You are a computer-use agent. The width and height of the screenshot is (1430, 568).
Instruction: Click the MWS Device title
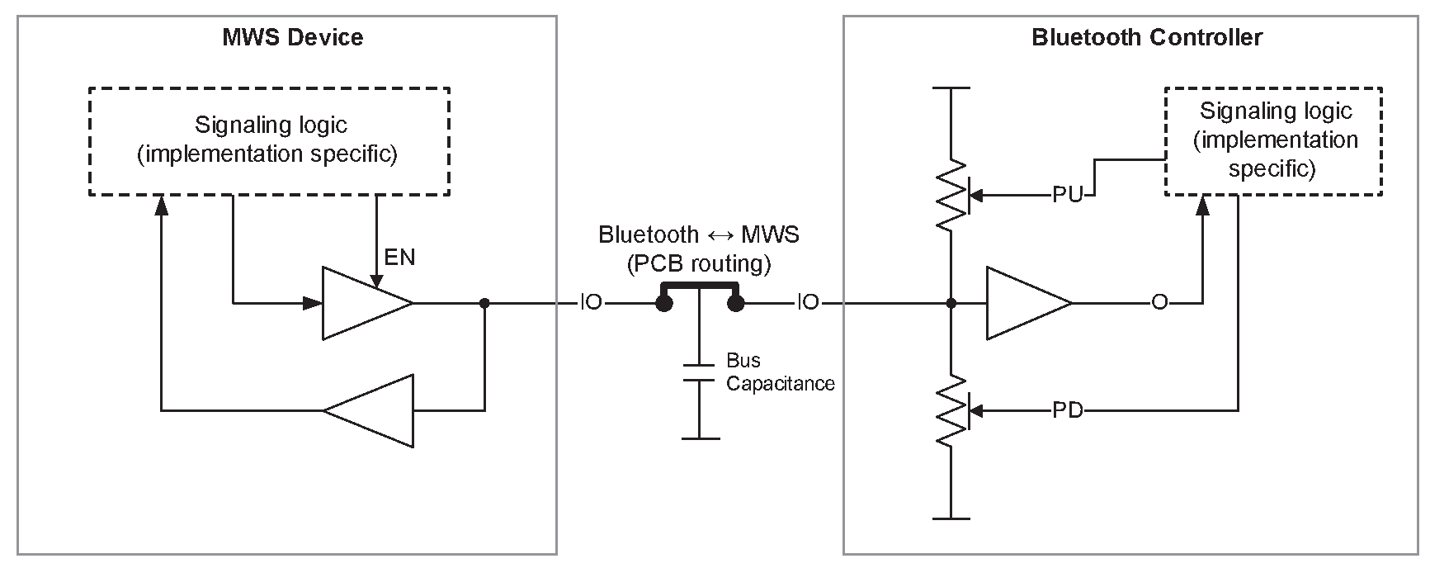pyautogui.click(x=292, y=37)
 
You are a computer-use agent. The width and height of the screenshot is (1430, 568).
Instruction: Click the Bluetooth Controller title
pyautogui.click(x=1146, y=37)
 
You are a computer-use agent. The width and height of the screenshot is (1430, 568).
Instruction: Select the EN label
pyautogui.click(x=399, y=257)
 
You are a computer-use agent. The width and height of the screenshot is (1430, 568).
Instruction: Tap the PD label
pyautogui.click(x=1067, y=409)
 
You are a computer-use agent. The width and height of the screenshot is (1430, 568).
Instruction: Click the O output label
pyautogui.click(x=1159, y=303)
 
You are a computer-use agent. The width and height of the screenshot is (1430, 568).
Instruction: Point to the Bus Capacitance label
pyautogui.click(x=779, y=372)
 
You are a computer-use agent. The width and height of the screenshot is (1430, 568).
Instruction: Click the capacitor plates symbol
pyautogui.click(x=698, y=372)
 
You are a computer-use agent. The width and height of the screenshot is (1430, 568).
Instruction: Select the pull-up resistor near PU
pyautogui.click(x=951, y=196)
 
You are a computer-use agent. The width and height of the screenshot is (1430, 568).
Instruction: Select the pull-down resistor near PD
pyautogui.click(x=951, y=410)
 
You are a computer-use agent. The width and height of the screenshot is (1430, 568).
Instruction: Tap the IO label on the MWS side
pyautogui.click(x=591, y=303)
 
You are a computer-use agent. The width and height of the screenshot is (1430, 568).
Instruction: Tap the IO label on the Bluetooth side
pyautogui.click(x=808, y=303)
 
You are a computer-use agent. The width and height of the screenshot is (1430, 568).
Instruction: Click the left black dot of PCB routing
pyautogui.click(x=662, y=304)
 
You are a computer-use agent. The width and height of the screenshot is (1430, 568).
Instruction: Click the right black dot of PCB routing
pyautogui.click(x=735, y=304)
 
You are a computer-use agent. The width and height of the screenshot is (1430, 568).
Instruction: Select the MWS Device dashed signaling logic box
pyautogui.click(x=269, y=141)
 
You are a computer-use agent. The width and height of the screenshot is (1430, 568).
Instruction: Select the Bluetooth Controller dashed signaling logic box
pyautogui.click(x=1273, y=141)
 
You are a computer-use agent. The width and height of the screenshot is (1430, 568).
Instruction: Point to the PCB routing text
pyautogui.click(x=699, y=264)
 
